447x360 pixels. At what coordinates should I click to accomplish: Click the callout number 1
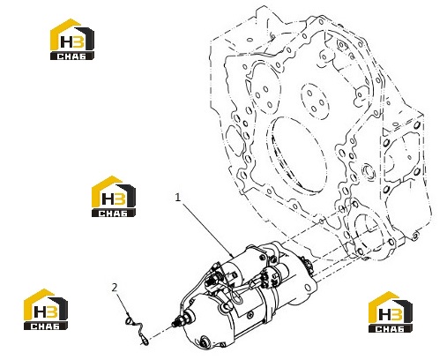[x=177, y=198]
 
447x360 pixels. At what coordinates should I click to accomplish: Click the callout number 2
[x=115, y=287]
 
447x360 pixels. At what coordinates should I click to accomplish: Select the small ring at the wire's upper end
[x=129, y=321]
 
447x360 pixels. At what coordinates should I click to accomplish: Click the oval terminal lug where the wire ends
[x=145, y=341]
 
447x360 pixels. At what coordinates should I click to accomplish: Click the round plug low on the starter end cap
[x=204, y=341]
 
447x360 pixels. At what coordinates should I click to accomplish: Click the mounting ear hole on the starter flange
[x=307, y=288]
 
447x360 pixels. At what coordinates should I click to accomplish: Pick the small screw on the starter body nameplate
[x=250, y=316]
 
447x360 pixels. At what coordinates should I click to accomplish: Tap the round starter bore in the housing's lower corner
[x=369, y=231]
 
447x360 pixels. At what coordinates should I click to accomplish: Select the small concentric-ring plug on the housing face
[x=369, y=171]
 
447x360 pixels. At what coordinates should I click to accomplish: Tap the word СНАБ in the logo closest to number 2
[x=45, y=326]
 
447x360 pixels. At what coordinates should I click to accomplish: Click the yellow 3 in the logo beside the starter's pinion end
[x=397, y=314]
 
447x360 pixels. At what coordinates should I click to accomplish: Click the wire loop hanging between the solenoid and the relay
[x=238, y=297]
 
